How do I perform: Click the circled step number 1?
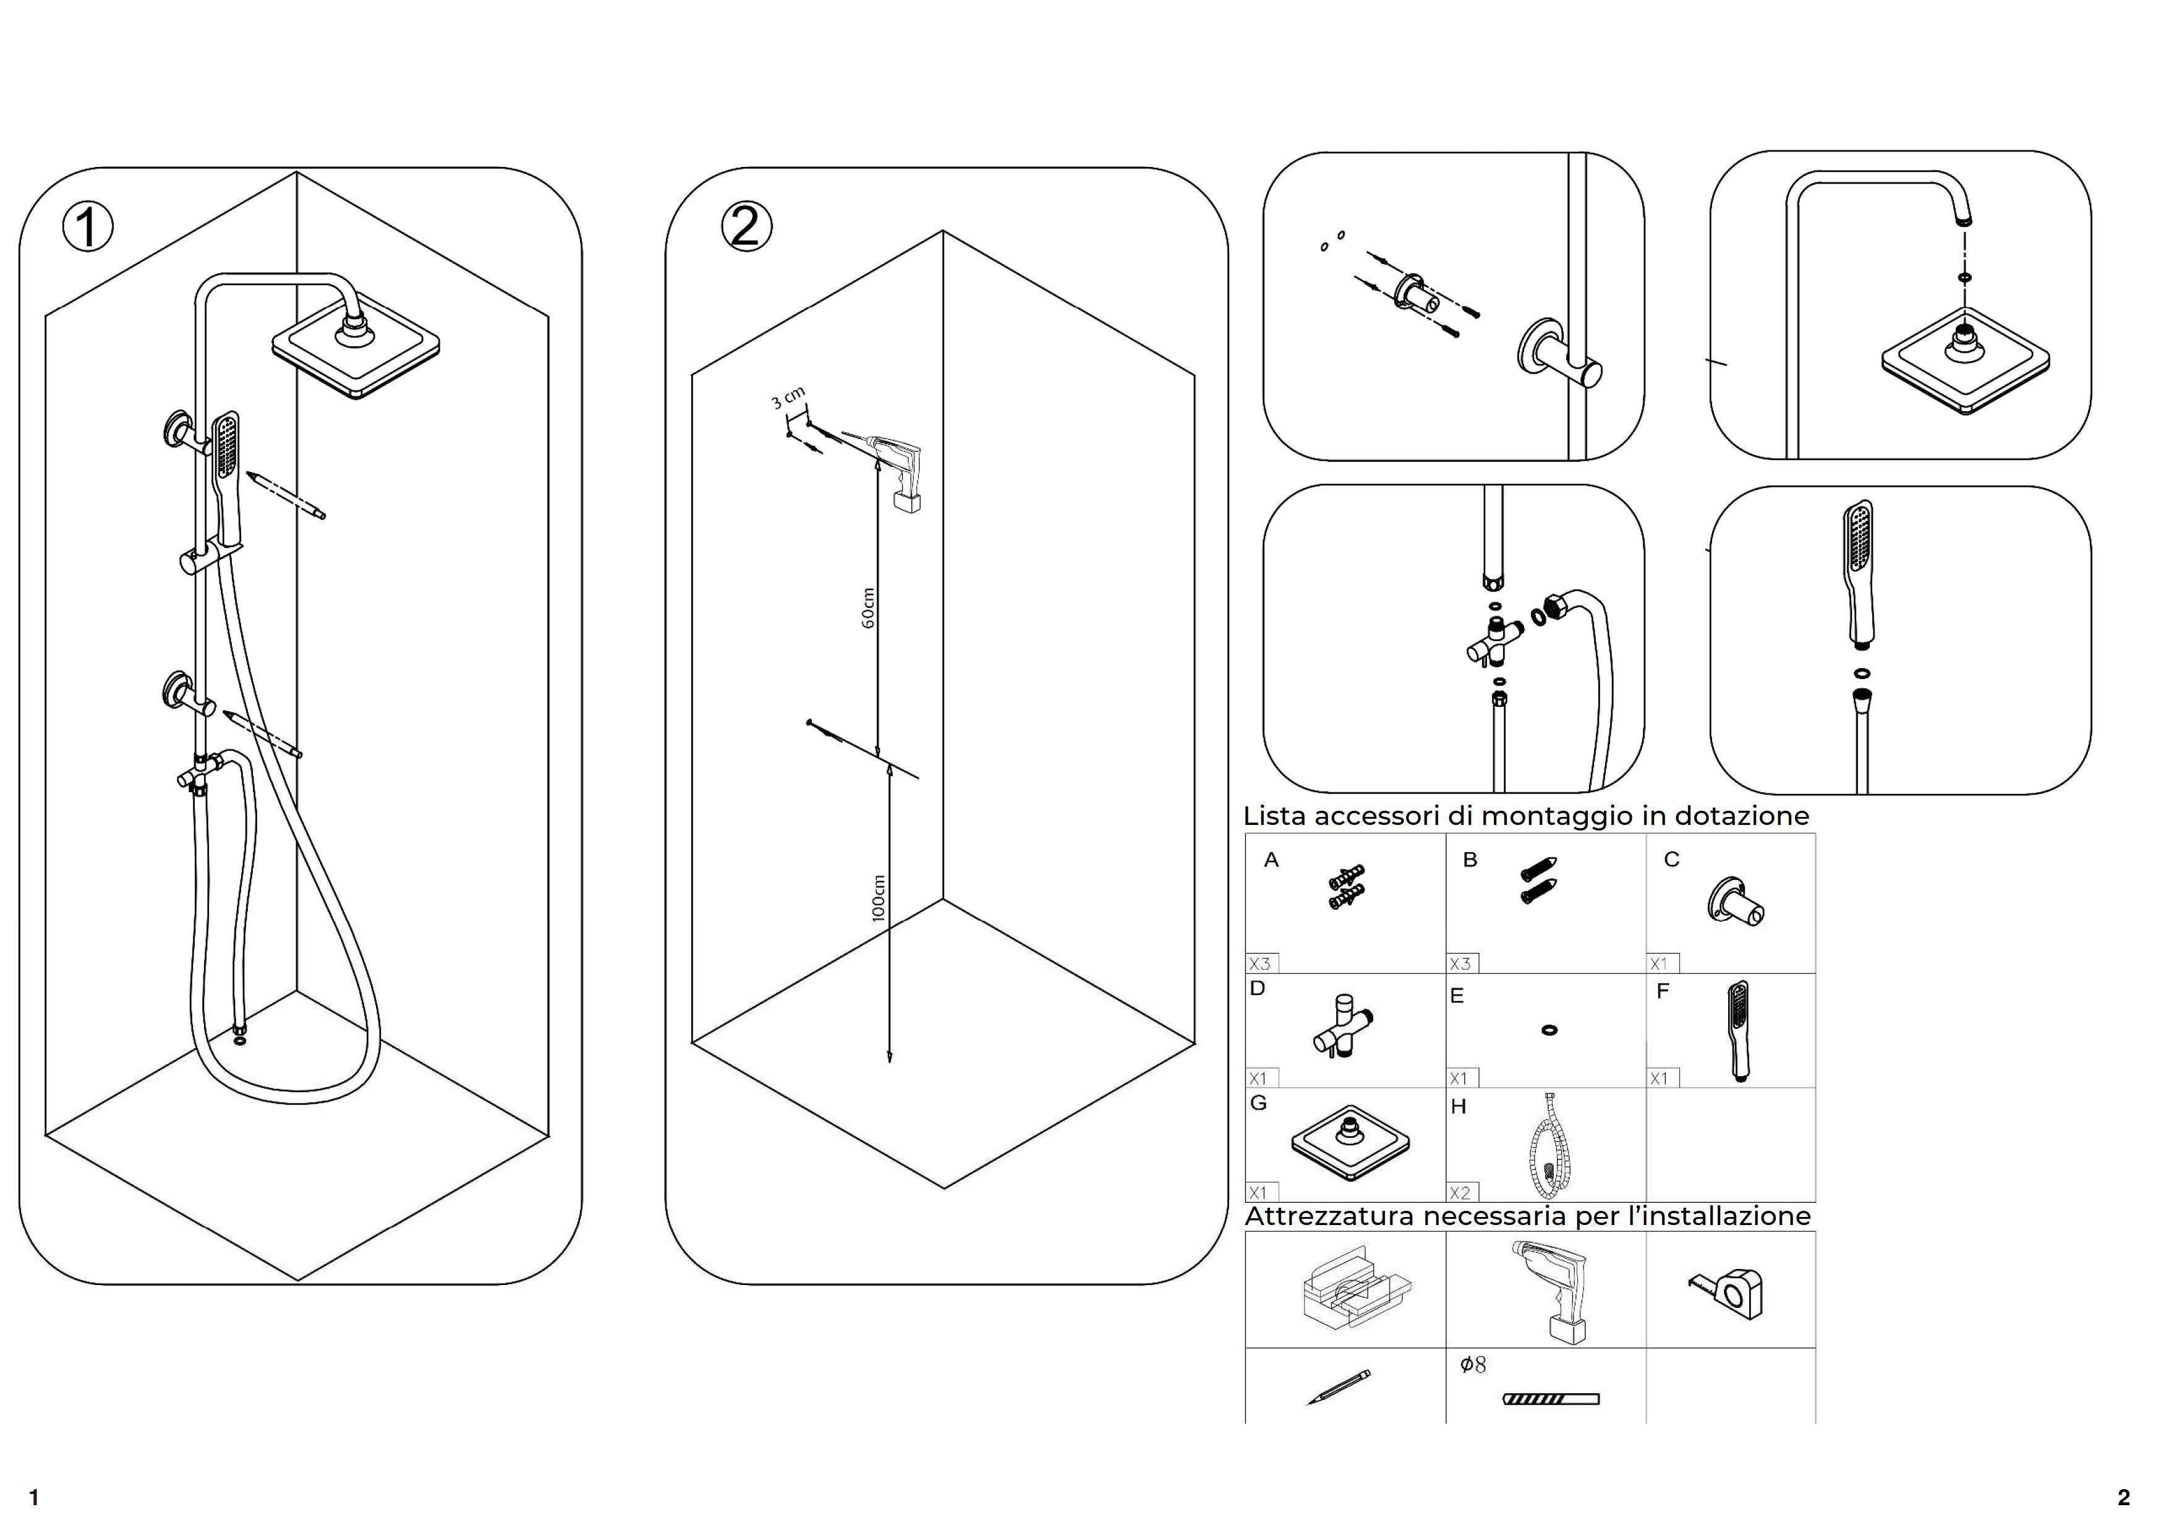88,228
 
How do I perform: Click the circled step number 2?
746,227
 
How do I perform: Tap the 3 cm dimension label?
788,398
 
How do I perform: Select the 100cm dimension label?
879,897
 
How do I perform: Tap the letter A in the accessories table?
1272,860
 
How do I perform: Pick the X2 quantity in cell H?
1460,1192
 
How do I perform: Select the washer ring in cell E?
1549,1030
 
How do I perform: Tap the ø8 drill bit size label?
1473,1364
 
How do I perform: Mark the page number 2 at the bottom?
2124,1497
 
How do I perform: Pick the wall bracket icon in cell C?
1734,902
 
